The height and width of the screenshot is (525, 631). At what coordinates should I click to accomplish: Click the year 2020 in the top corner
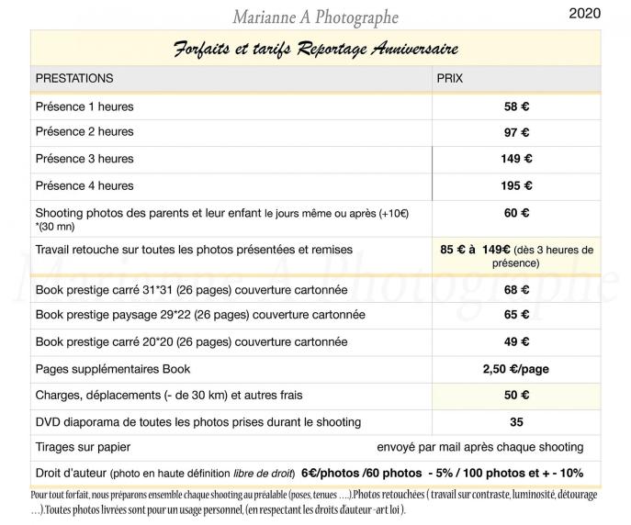pos(586,13)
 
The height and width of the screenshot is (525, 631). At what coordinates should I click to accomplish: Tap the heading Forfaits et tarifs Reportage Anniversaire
pos(316,49)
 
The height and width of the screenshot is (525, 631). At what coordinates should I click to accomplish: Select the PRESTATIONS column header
pos(74,79)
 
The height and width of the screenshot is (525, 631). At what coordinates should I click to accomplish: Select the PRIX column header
pos(449,79)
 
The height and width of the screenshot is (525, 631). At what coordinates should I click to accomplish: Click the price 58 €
pos(516,106)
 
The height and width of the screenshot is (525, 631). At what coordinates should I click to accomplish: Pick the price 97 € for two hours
pos(516,132)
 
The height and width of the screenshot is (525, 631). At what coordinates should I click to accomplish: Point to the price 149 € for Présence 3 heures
pos(516,159)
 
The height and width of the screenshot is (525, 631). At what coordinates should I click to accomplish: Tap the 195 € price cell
pos(516,185)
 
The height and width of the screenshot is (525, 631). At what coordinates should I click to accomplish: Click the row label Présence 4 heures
pos(85,185)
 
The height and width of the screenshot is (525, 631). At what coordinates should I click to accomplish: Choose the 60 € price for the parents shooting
pos(516,213)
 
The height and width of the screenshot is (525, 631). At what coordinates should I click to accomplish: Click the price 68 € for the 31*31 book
pos(516,290)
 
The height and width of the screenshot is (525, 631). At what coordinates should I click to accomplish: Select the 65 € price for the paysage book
pos(516,315)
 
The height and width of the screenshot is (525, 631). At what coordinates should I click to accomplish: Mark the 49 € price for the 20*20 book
pos(516,341)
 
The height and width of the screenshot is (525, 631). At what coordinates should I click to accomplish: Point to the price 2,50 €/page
pos(516,369)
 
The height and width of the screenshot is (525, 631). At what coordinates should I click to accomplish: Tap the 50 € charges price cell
pos(516,396)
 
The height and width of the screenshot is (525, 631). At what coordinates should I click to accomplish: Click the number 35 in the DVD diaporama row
pos(516,422)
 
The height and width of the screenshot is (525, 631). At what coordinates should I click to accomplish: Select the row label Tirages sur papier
pos(83,447)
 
